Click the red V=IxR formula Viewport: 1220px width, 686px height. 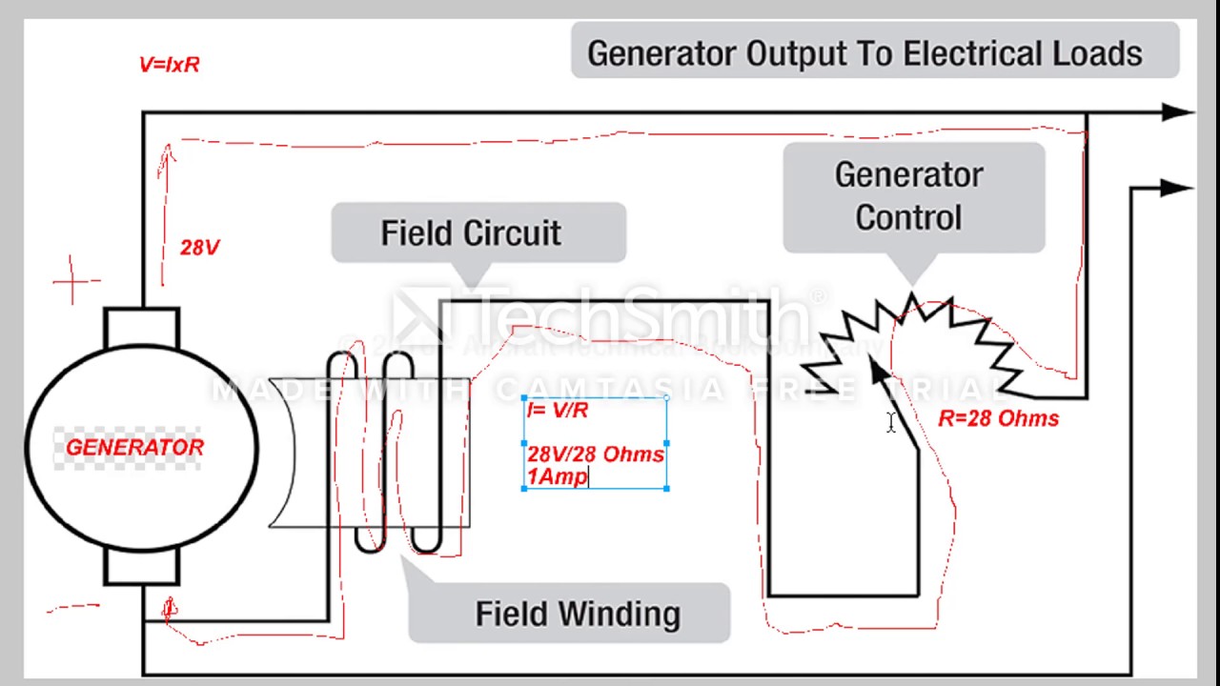click(x=169, y=65)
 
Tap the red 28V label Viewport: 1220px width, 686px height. click(x=199, y=248)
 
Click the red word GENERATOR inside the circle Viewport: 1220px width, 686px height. click(x=134, y=448)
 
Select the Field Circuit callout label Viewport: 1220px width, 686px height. click(x=471, y=233)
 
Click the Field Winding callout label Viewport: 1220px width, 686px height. click(x=578, y=614)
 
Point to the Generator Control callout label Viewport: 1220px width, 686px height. click(x=908, y=196)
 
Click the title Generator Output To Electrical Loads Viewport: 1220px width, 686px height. click(x=864, y=53)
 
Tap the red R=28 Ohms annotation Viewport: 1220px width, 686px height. click(x=998, y=419)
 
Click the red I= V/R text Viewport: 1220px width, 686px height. click(x=558, y=411)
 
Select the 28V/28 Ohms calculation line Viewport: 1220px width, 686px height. click(x=596, y=454)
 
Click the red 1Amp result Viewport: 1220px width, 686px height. click(x=558, y=477)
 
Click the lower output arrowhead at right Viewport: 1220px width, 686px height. click(x=1174, y=189)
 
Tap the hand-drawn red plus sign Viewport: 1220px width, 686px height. click(x=75, y=281)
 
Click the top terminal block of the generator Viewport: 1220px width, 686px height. click(x=141, y=327)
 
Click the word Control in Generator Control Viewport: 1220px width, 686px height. click(x=908, y=217)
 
